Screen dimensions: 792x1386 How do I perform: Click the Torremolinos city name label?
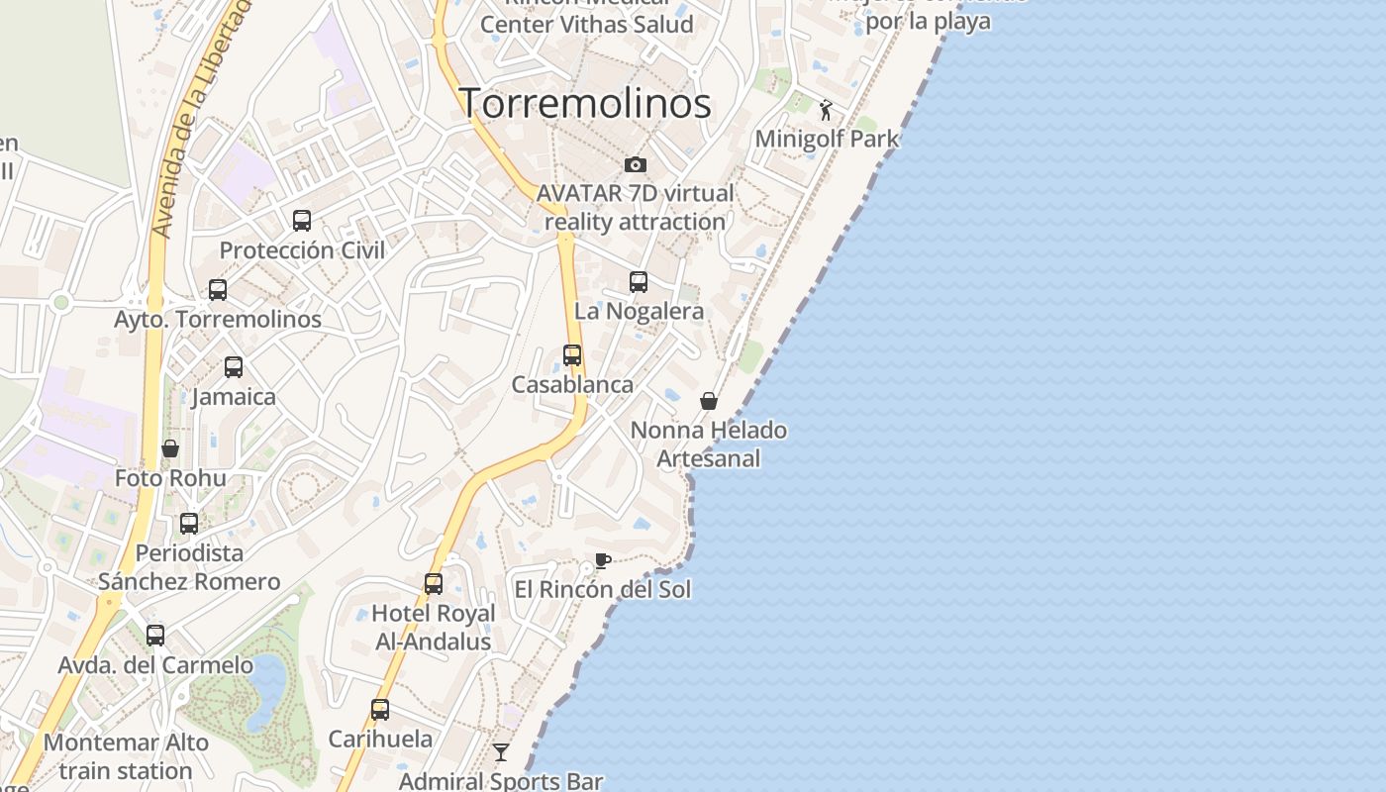(x=585, y=103)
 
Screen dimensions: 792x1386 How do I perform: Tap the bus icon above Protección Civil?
(x=302, y=221)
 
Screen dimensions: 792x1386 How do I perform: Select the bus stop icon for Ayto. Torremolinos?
(x=218, y=290)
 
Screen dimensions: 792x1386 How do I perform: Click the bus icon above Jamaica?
(x=234, y=367)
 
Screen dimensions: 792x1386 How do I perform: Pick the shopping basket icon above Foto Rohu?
(x=170, y=448)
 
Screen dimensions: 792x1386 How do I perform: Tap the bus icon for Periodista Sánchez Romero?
(x=189, y=524)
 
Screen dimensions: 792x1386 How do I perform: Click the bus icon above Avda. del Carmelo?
(x=155, y=636)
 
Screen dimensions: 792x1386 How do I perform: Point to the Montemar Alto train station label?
(x=126, y=756)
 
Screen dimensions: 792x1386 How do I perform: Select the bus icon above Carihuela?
(x=380, y=710)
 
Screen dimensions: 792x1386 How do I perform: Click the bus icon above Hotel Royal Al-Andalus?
(x=434, y=584)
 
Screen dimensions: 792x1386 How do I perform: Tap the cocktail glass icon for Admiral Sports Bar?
(x=501, y=752)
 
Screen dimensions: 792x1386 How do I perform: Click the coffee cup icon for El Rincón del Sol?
(x=602, y=561)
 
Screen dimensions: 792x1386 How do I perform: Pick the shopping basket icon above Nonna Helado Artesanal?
(x=709, y=401)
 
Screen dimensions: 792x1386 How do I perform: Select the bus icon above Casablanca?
(x=572, y=355)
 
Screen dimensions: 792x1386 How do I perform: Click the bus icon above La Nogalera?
(x=639, y=282)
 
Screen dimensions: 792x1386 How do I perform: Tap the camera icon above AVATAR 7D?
(x=636, y=164)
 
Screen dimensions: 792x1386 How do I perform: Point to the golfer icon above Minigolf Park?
(x=827, y=110)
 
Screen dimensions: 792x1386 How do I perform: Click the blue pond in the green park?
(x=267, y=682)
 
